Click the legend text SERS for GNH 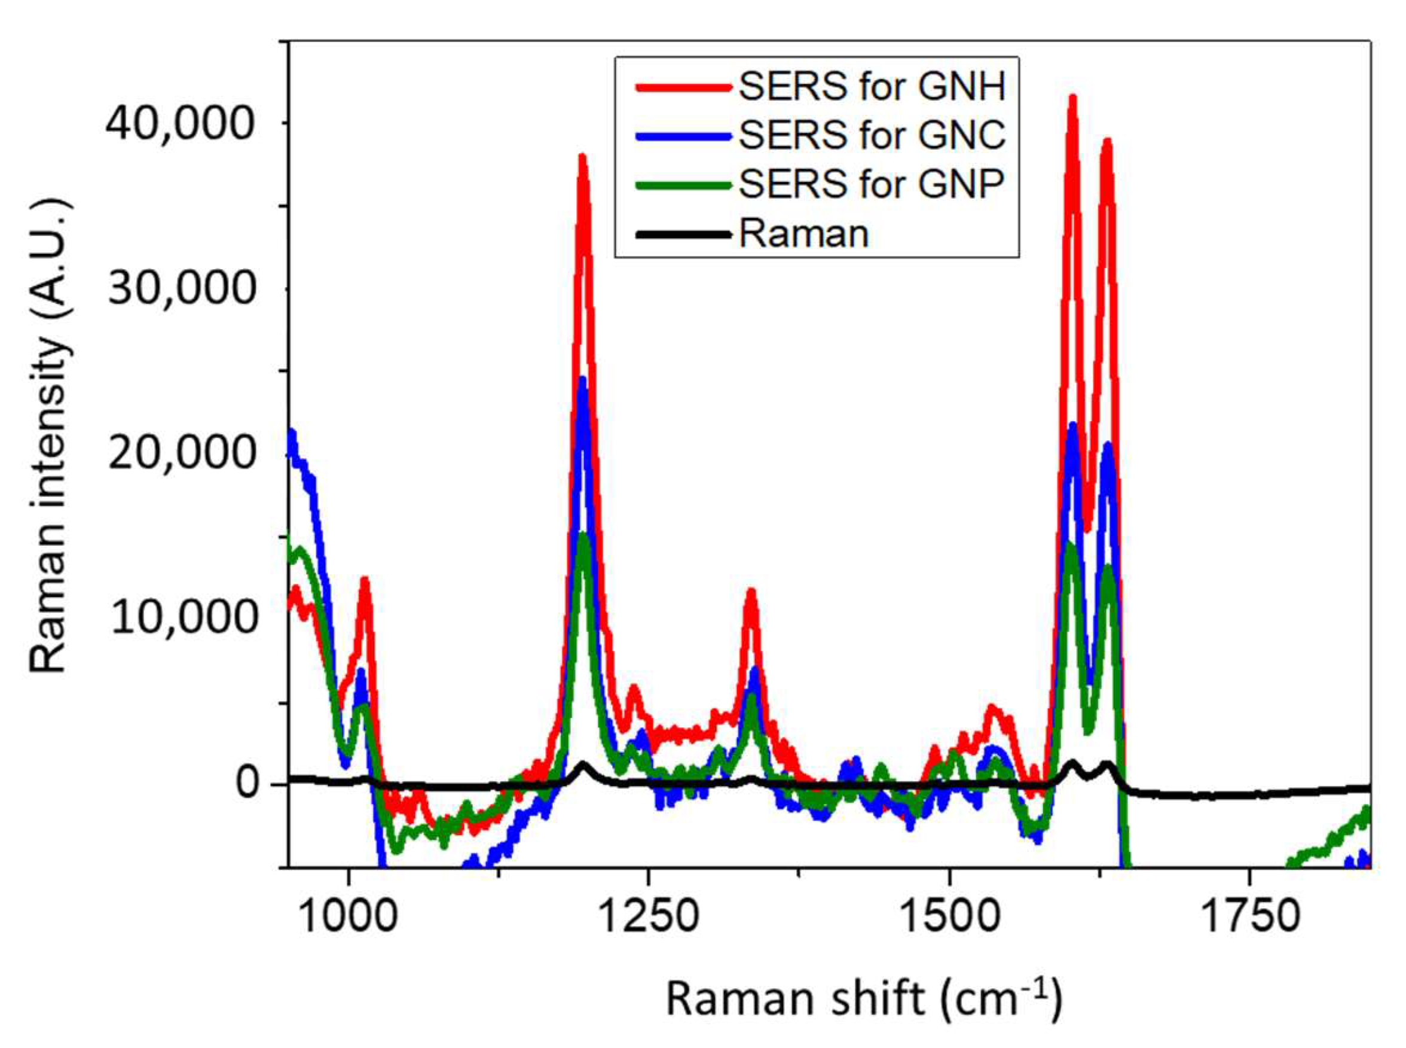coord(872,87)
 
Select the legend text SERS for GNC coord(872,135)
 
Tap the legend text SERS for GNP coord(872,184)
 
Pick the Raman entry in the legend coord(804,234)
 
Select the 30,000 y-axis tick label coord(181,289)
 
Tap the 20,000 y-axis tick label coord(181,454)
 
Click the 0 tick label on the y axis coord(249,784)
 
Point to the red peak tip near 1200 coord(582,157)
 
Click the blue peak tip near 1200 coord(582,380)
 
